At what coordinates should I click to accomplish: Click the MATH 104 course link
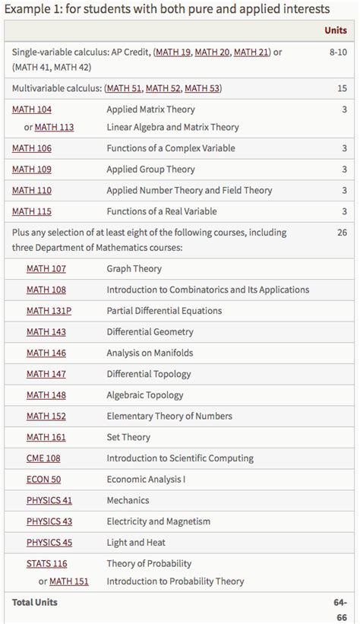(x=32, y=109)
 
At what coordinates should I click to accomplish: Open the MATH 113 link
(x=54, y=127)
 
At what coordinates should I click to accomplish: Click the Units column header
(x=335, y=30)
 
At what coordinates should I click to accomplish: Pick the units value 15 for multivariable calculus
(x=342, y=88)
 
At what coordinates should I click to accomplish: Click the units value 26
(x=342, y=233)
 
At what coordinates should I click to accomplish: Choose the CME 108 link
(x=43, y=458)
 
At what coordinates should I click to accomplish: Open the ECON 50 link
(x=43, y=480)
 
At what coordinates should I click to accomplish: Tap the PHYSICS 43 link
(x=49, y=521)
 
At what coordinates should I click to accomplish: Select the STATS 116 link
(x=46, y=563)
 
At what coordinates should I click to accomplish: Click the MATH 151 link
(x=68, y=581)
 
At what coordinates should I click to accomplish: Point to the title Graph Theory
(x=134, y=268)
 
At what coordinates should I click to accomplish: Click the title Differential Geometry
(x=150, y=331)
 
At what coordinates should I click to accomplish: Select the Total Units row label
(x=35, y=602)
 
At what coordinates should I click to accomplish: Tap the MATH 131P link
(x=49, y=310)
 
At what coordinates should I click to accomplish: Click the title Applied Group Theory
(x=150, y=169)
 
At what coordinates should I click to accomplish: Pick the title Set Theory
(x=128, y=437)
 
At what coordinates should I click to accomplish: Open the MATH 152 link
(x=46, y=416)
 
